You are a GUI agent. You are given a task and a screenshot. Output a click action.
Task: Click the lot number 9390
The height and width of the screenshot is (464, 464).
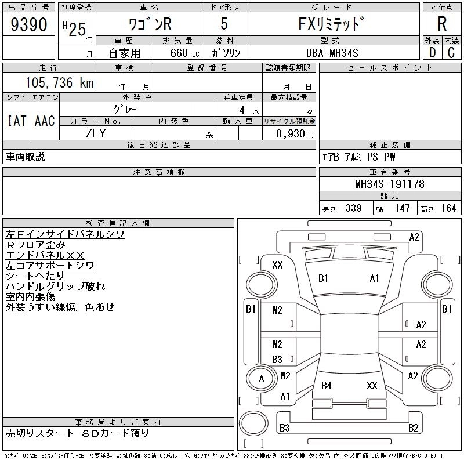point(28,24)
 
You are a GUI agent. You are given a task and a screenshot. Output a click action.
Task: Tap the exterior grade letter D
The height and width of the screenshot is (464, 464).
point(432,52)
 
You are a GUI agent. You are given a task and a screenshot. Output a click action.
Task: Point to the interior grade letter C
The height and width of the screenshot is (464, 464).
point(451,52)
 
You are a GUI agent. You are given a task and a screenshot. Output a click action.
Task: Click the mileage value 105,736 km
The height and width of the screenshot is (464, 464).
point(60,83)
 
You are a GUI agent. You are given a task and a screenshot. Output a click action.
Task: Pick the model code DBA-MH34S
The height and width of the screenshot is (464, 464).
point(332,53)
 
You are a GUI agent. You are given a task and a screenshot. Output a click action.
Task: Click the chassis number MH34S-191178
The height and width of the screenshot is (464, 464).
point(390,184)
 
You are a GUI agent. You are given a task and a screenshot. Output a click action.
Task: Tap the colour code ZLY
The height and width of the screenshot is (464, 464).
point(96,133)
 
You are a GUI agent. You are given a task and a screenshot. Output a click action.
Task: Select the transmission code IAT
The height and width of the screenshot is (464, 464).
point(16,121)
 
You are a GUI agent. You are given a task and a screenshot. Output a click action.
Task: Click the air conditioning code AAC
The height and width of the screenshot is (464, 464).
point(45,121)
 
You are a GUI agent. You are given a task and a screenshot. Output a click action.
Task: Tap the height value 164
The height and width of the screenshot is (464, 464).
point(448,208)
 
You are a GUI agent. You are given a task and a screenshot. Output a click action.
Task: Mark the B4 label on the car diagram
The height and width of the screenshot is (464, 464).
point(327,386)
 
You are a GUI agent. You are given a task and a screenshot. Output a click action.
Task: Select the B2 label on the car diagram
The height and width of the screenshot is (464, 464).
point(414,429)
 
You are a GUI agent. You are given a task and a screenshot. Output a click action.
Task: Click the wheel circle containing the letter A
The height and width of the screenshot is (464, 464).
point(261,379)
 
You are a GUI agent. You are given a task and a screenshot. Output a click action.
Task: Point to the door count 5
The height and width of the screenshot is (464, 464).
point(224,26)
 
